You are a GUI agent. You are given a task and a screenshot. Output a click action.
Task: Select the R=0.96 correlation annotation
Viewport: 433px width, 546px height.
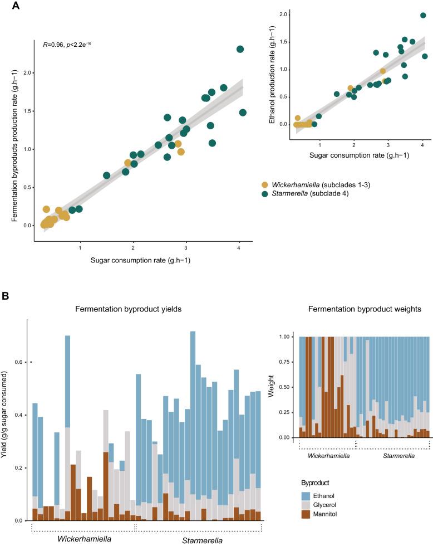(67, 43)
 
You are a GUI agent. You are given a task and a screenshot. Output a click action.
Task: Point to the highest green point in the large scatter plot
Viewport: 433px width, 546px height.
(240, 49)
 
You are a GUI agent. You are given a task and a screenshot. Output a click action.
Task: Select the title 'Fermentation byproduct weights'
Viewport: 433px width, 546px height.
(363, 309)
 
